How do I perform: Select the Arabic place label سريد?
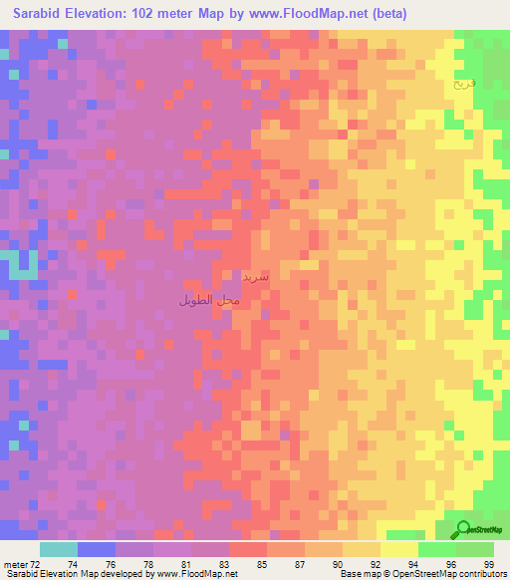pos(255,276)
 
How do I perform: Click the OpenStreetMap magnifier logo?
pos(463,530)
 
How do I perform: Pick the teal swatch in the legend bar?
pos(58,549)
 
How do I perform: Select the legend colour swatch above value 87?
pos(286,549)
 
